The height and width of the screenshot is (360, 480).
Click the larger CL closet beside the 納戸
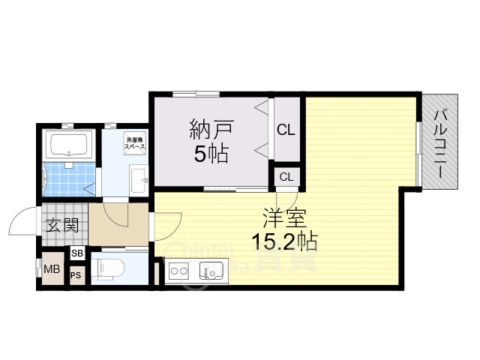coord(286,130)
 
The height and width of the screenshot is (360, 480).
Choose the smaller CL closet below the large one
coord(286,176)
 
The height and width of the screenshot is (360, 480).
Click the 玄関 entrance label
coord(62,224)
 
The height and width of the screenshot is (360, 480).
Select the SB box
coord(77,253)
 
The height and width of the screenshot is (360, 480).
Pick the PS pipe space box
coord(76,275)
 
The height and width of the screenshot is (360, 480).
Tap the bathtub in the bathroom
coord(68,143)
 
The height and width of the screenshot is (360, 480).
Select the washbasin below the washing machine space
coord(137,180)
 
